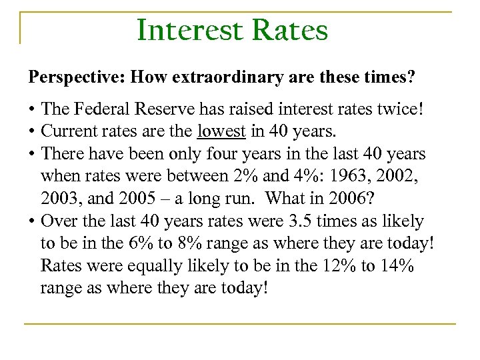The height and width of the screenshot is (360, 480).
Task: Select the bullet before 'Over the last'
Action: pyautogui.click(x=31, y=220)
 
